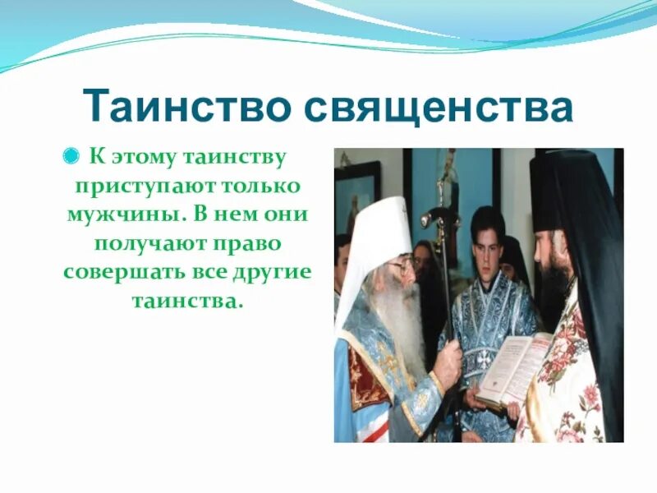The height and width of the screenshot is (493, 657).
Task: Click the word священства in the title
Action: point(439,106)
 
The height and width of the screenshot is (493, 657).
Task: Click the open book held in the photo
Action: point(514,366)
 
